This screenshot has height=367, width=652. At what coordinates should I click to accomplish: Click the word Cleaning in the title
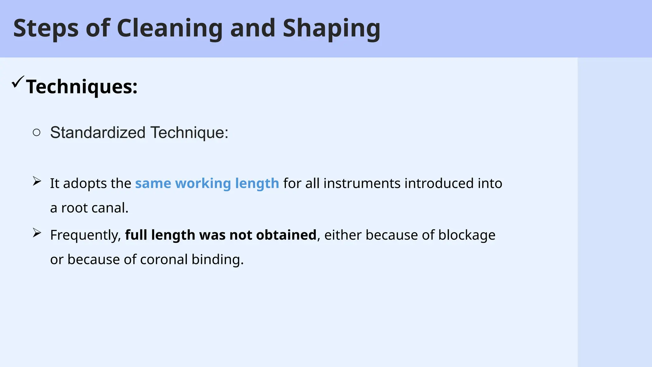[x=170, y=29]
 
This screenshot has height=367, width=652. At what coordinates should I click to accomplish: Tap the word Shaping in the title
[x=331, y=29]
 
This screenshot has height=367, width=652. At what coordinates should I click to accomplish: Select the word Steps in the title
[x=46, y=29]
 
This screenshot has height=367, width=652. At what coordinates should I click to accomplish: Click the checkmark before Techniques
[x=18, y=82]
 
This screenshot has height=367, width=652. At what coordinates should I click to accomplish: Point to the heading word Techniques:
[x=82, y=87]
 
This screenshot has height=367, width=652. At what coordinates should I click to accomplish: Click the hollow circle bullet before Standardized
[x=37, y=132]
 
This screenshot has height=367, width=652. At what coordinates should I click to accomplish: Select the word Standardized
[x=98, y=133]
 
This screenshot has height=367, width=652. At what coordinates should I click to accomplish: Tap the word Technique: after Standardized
[x=189, y=133]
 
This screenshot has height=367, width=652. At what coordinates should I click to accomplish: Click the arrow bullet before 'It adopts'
[x=37, y=182]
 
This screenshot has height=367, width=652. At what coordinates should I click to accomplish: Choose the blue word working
[x=203, y=183]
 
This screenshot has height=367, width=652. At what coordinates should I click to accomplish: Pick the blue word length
[x=257, y=183]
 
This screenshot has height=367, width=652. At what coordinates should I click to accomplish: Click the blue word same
[x=153, y=183]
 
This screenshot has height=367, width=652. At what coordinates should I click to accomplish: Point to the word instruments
[x=362, y=183]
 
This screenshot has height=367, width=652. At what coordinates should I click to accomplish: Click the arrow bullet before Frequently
[x=37, y=233]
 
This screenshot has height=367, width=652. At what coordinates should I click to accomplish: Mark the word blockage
[x=467, y=235]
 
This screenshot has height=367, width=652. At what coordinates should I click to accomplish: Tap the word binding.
[x=218, y=260]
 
